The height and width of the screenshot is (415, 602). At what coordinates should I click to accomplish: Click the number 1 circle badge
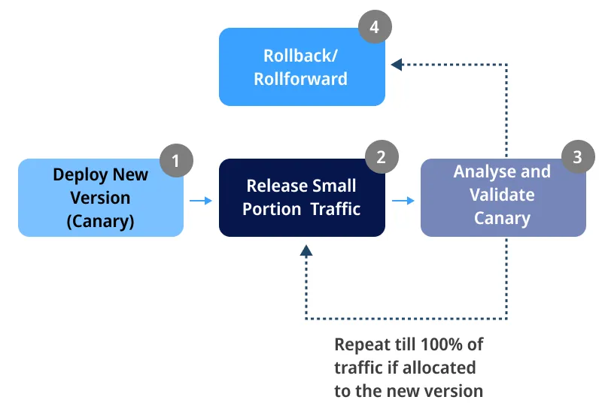(x=176, y=159)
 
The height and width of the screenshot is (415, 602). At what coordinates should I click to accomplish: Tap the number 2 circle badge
(x=381, y=157)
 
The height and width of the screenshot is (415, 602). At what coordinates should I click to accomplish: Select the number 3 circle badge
(x=577, y=157)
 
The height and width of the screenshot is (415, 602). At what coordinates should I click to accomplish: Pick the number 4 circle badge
(x=374, y=28)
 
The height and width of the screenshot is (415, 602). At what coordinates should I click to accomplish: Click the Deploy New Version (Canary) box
(x=100, y=198)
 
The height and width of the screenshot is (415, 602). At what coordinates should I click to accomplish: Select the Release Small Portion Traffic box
(x=302, y=198)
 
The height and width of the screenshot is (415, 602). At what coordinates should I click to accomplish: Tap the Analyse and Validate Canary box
(x=503, y=198)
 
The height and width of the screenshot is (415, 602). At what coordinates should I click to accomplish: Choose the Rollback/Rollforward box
(x=302, y=67)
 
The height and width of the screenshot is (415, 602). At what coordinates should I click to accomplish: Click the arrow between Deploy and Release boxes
(x=201, y=201)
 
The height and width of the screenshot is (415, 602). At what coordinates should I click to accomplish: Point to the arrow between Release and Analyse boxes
(x=403, y=201)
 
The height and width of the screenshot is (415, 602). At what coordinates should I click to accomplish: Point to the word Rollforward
(x=301, y=79)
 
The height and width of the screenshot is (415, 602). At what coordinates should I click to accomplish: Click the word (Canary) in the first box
(x=101, y=221)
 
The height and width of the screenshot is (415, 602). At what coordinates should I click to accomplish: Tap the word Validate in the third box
(x=502, y=195)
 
